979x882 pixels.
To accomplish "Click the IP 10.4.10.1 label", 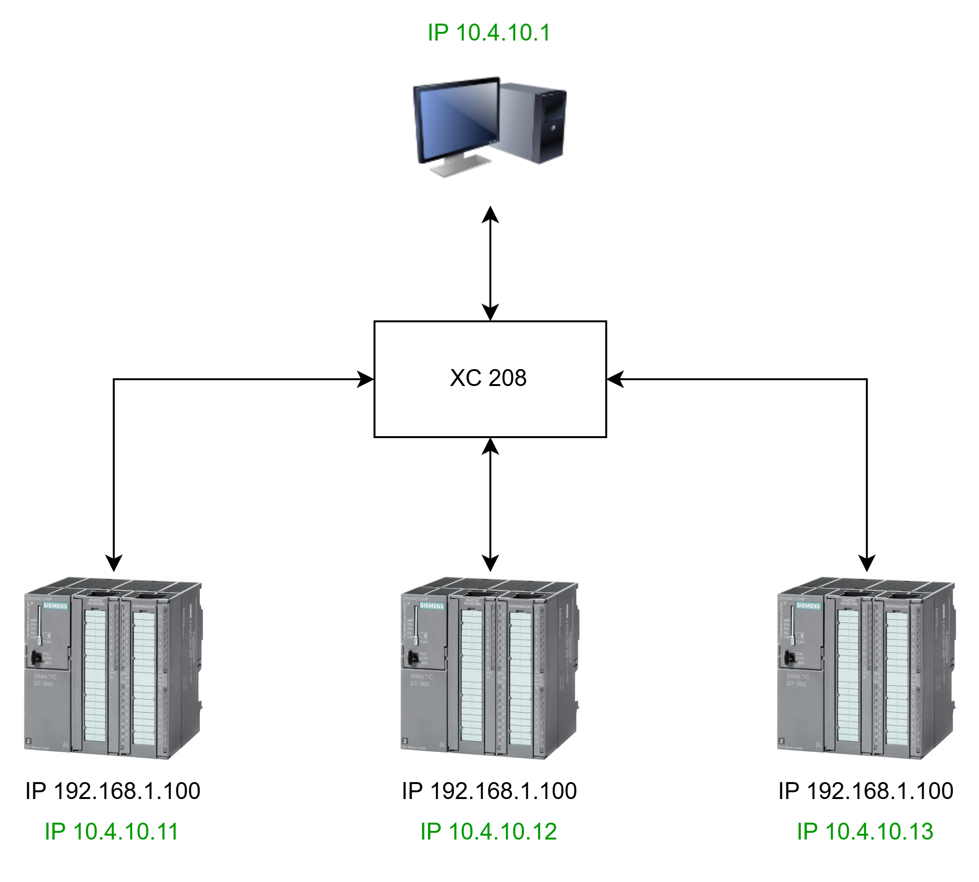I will [x=489, y=33].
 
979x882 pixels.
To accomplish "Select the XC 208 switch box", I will [x=490, y=378].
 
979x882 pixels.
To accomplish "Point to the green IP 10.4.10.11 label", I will [x=112, y=831].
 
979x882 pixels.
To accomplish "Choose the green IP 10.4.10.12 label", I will [x=488, y=831].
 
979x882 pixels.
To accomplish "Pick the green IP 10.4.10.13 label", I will [x=865, y=831].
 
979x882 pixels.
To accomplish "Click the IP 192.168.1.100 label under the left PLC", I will [x=112, y=791].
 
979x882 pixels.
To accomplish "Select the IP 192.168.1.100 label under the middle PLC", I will [x=489, y=791].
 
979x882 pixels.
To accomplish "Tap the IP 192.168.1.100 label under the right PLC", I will [x=866, y=791].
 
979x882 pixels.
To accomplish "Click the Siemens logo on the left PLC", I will [x=56, y=606].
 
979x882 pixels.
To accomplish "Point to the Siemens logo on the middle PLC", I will [x=432, y=606].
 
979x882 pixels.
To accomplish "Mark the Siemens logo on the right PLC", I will [x=808, y=606].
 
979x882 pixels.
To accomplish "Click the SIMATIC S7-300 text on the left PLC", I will [x=44, y=680].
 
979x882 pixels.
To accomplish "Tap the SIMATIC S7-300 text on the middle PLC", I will [x=421, y=680].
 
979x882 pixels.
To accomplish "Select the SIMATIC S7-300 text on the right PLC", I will [x=797, y=680].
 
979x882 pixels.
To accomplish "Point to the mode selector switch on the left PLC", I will [x=36, y=657].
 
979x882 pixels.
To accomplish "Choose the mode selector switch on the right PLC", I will [x=789, y=657].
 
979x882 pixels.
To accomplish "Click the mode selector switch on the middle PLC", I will [x=412, y=657].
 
